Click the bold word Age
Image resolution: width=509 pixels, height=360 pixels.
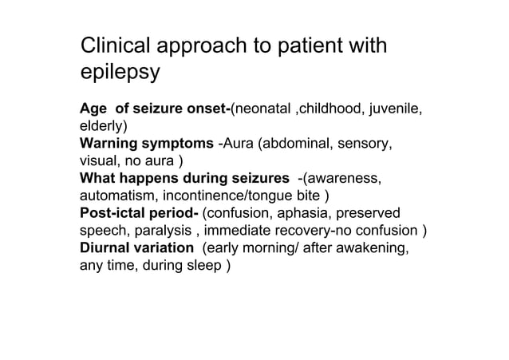pyautogui.click(x=93, y=109)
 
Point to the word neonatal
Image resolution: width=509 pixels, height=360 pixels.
pyautogui.click(x=262, y=109)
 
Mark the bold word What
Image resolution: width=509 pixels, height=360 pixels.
pyautogui.click(x=97, y=178)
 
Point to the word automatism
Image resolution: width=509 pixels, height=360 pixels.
pyautogui.click(x=113, y=196)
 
